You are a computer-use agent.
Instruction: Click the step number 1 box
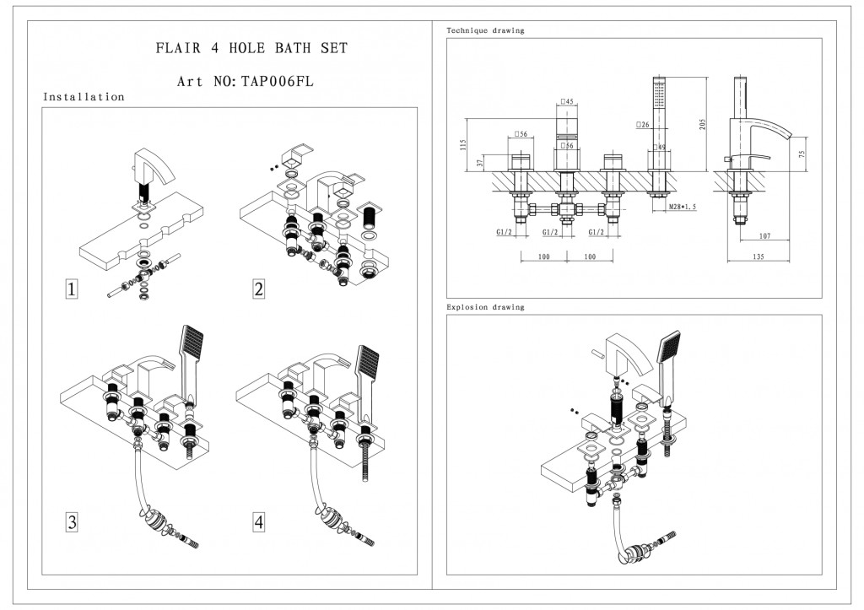pos(73,289)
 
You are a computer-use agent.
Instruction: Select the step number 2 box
pos(258,289)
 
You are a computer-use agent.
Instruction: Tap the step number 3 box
pos(73,522)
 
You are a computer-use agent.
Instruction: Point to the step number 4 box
pos(258,522)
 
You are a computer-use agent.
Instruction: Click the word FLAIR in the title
pos(178,48)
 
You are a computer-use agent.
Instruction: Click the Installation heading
pos(84,97)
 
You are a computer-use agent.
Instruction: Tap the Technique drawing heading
pos(485,30)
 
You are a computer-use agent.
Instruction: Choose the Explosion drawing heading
pos(485,307)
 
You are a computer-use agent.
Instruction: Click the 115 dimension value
pos(462,144)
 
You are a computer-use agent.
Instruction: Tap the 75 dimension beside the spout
pos(802,153)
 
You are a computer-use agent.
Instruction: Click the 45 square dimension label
pos(568,102)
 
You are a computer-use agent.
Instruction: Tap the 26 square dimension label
pos(643,125)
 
